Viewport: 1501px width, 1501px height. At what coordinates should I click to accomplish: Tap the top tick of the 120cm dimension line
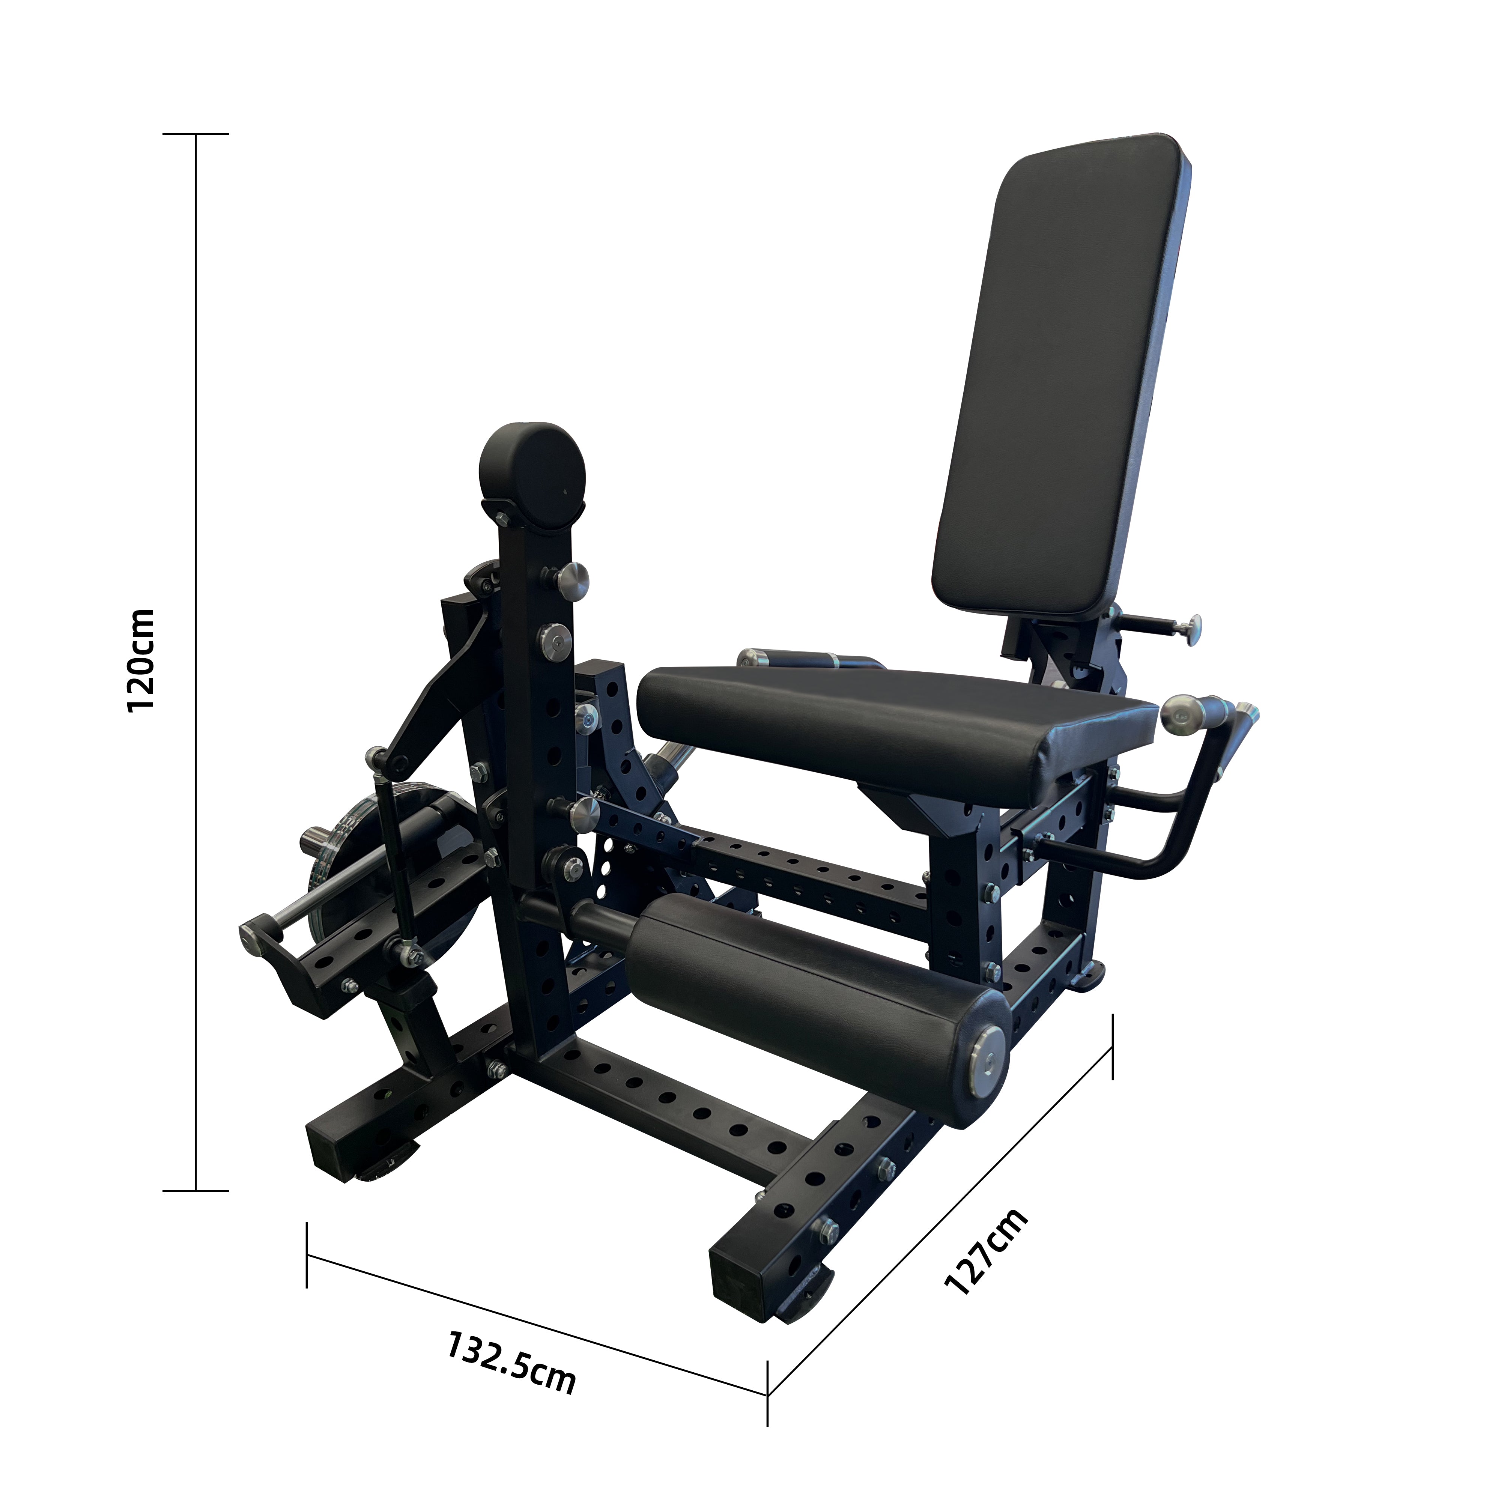pos(196,134)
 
